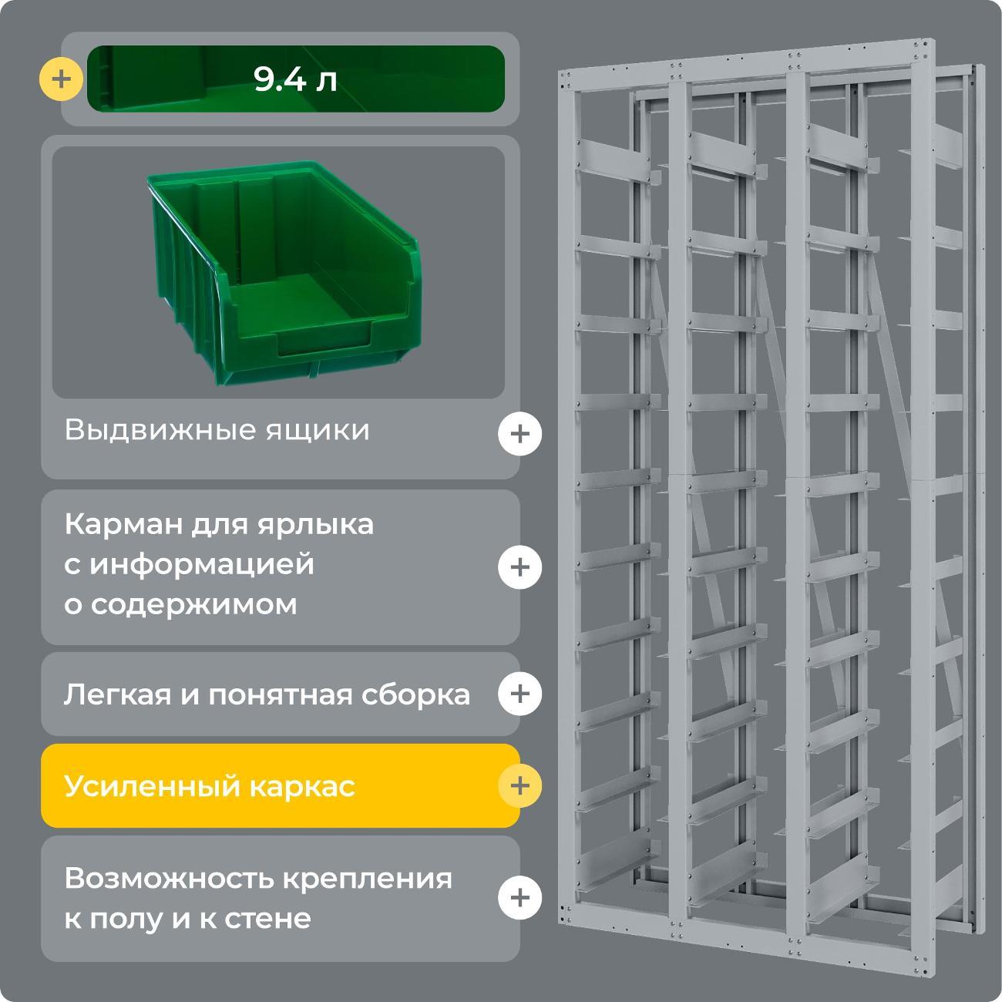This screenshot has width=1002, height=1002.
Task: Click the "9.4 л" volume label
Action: tap(296, 79)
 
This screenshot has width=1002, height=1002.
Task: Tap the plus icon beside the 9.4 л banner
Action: tap(61, 79)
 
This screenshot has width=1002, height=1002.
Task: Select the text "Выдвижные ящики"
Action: tap(217, 430)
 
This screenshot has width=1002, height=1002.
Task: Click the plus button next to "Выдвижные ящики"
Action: tap(519, 434)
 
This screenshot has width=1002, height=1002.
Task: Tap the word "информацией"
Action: tap(202, 564)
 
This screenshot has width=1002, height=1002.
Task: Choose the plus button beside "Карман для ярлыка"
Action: tap(519, 567)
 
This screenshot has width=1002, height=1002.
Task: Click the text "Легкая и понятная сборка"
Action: tap(267, 695)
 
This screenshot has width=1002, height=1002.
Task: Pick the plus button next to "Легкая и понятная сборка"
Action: tap(519, 694)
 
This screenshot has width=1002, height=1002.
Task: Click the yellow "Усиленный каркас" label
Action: tap(210, 787)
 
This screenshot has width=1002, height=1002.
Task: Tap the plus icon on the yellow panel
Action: tap(519, 785)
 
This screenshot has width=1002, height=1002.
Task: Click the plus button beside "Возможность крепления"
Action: tap(519, 898)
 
